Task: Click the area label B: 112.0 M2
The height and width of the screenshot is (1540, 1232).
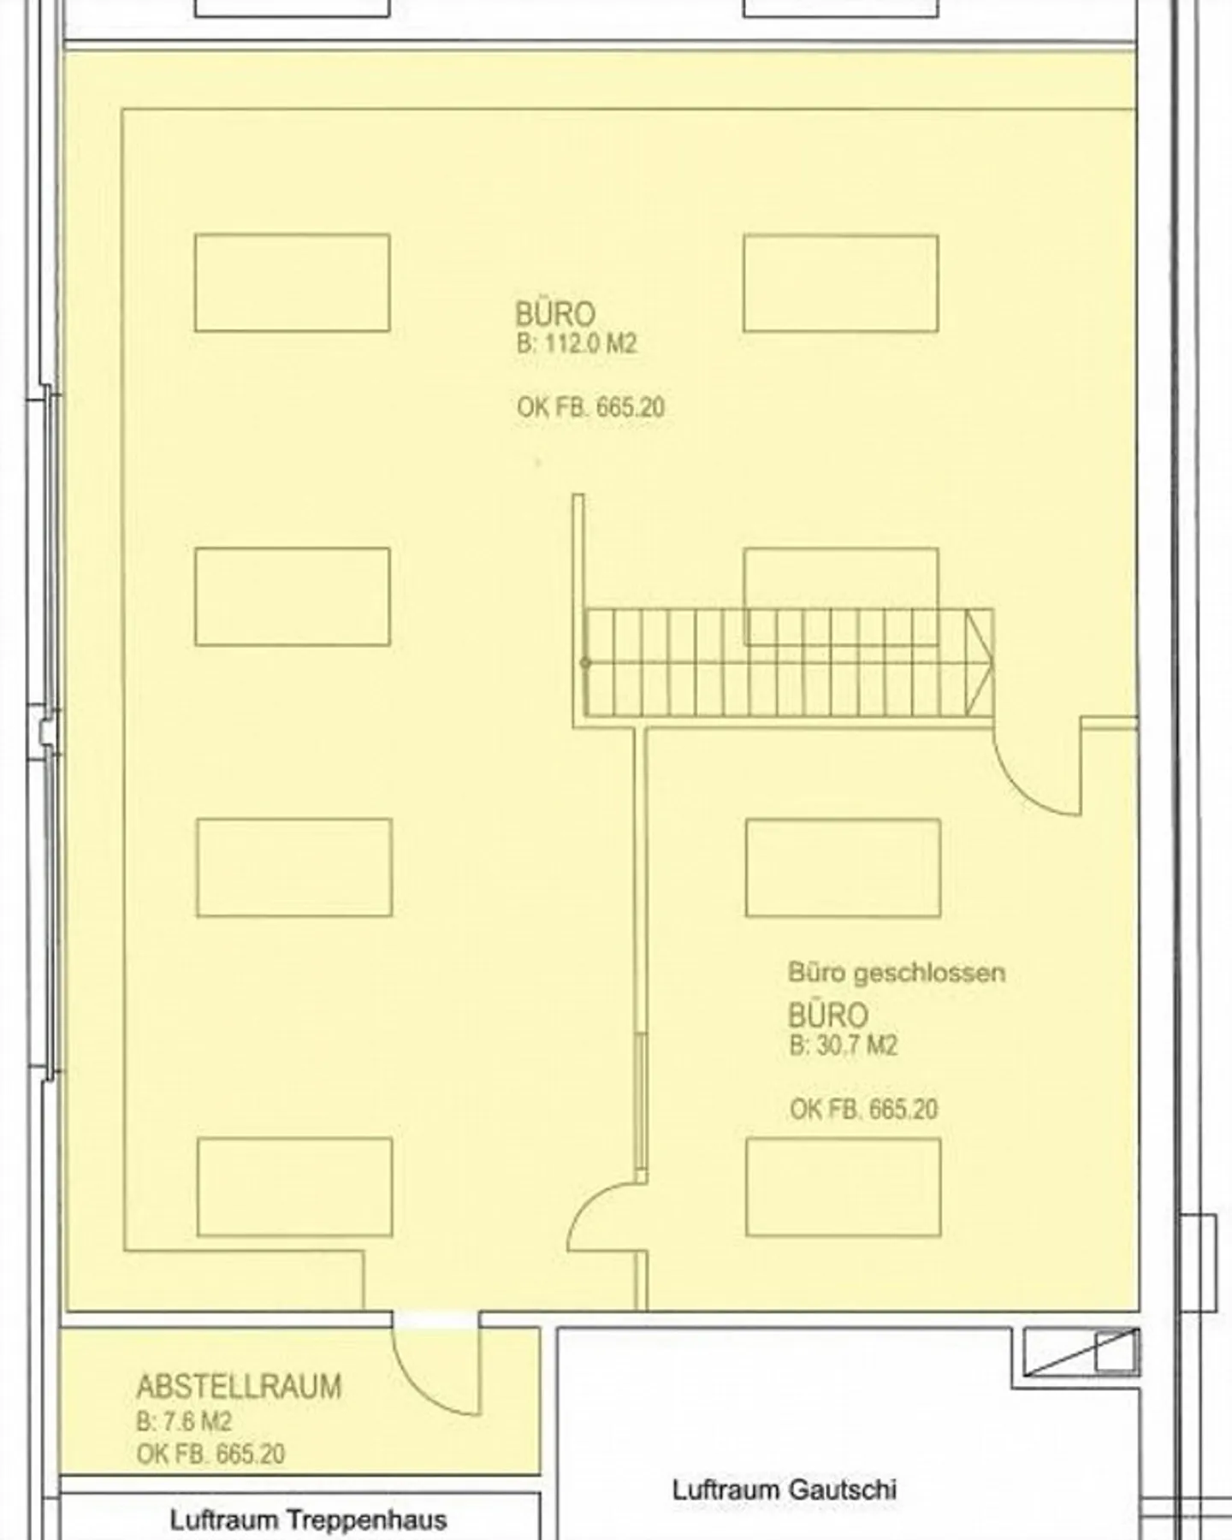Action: (577, 344)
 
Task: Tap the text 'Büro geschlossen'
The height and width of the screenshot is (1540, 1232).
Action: (896, 973)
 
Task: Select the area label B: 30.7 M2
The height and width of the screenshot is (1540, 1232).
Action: (844, 1045)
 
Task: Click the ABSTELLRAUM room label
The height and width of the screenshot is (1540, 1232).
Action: (239, 1387)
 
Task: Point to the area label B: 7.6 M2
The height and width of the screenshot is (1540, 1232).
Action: (184, 1422)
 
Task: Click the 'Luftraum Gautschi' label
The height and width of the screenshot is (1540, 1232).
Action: (785, 1490)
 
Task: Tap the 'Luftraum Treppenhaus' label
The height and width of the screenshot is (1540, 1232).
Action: (308, 1520)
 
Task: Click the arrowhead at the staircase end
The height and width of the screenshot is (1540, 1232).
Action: (980, 662)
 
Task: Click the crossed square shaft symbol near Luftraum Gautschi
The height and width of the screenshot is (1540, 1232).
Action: (1082, 1353)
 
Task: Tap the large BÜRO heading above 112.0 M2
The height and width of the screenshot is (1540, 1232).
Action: (555, 314)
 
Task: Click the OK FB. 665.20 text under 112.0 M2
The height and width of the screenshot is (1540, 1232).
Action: (590, 407)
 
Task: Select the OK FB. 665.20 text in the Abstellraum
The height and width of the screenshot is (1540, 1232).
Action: (210, 1454)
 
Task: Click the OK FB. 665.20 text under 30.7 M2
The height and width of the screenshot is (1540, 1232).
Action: (864, 1110)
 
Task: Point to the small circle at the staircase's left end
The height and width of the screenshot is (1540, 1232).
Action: (585, 662)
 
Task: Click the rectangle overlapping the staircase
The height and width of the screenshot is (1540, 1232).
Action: (841, 596)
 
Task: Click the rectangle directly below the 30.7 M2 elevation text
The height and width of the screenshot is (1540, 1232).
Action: (844, 1188)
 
